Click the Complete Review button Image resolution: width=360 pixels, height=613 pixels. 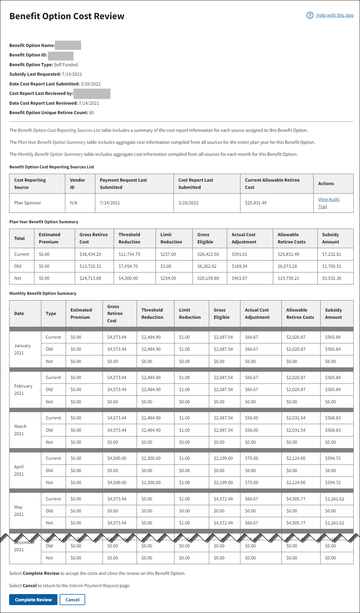pyautogui.click(x=33, y=599)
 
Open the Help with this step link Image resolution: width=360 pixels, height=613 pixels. pyautogui.click(x=334, y=15)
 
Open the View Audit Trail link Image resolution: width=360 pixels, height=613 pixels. pyautogui.click(x=328, y=203)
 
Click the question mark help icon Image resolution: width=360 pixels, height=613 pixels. pyautogui.click(x=310, y=15)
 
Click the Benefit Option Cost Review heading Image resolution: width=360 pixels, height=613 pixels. pyautogui.click(x=67, y=16)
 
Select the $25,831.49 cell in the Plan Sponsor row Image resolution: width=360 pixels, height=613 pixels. pyautogui.click(x=256, y=203)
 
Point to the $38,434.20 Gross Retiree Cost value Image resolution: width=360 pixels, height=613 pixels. pyautogui.click(x=90, y=254)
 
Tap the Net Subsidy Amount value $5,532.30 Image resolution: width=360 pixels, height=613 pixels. pyautogui.click(x=332, y=278)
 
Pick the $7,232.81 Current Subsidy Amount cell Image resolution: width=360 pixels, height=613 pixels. pyautogui.click(x=332, y=254)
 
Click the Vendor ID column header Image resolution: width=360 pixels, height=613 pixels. pyautogui.click(x=77, y=184)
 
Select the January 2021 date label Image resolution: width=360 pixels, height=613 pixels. pyautogui.click(x=22, y=349)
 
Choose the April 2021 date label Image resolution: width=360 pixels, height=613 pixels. pyautogui.click(x=19, y=470)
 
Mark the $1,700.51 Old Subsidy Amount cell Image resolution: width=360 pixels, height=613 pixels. pyautogui.click(x=332, y=266)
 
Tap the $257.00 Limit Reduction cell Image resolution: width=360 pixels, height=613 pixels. pyautogui.click(x=168, y=254)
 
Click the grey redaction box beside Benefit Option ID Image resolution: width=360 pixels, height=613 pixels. pyautogui.click(x=61, y=56)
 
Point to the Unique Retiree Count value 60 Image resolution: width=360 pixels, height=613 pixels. pyautogui.click(x=91, y=113)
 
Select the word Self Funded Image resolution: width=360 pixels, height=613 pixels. pyautogui.click(x=66, y=65)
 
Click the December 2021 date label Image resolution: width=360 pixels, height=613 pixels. pyautogui.click(x=24, y=546)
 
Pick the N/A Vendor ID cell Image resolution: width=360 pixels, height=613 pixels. pyautogui.click(x=74, y=203)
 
